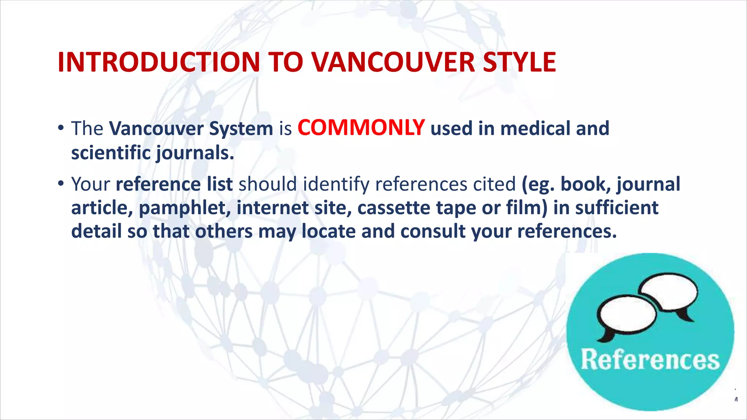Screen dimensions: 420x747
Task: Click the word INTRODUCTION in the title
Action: (x=159, y=62)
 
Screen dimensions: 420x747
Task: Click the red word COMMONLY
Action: (x=361, y=128)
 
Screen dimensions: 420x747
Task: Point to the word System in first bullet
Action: (x=241, y=129)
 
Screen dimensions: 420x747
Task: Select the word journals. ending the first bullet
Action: (x=195, y=153)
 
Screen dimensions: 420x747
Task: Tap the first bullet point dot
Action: (x=61, y=128)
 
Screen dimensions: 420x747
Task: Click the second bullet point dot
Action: (x=61, y=183)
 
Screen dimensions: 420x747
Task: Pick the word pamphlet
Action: (x=185, y=208)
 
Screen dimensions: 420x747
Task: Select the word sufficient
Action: (x=617, y=207)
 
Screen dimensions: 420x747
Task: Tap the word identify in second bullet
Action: (x=336, y=184)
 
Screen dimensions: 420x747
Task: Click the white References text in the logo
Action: (x=650, y=359)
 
